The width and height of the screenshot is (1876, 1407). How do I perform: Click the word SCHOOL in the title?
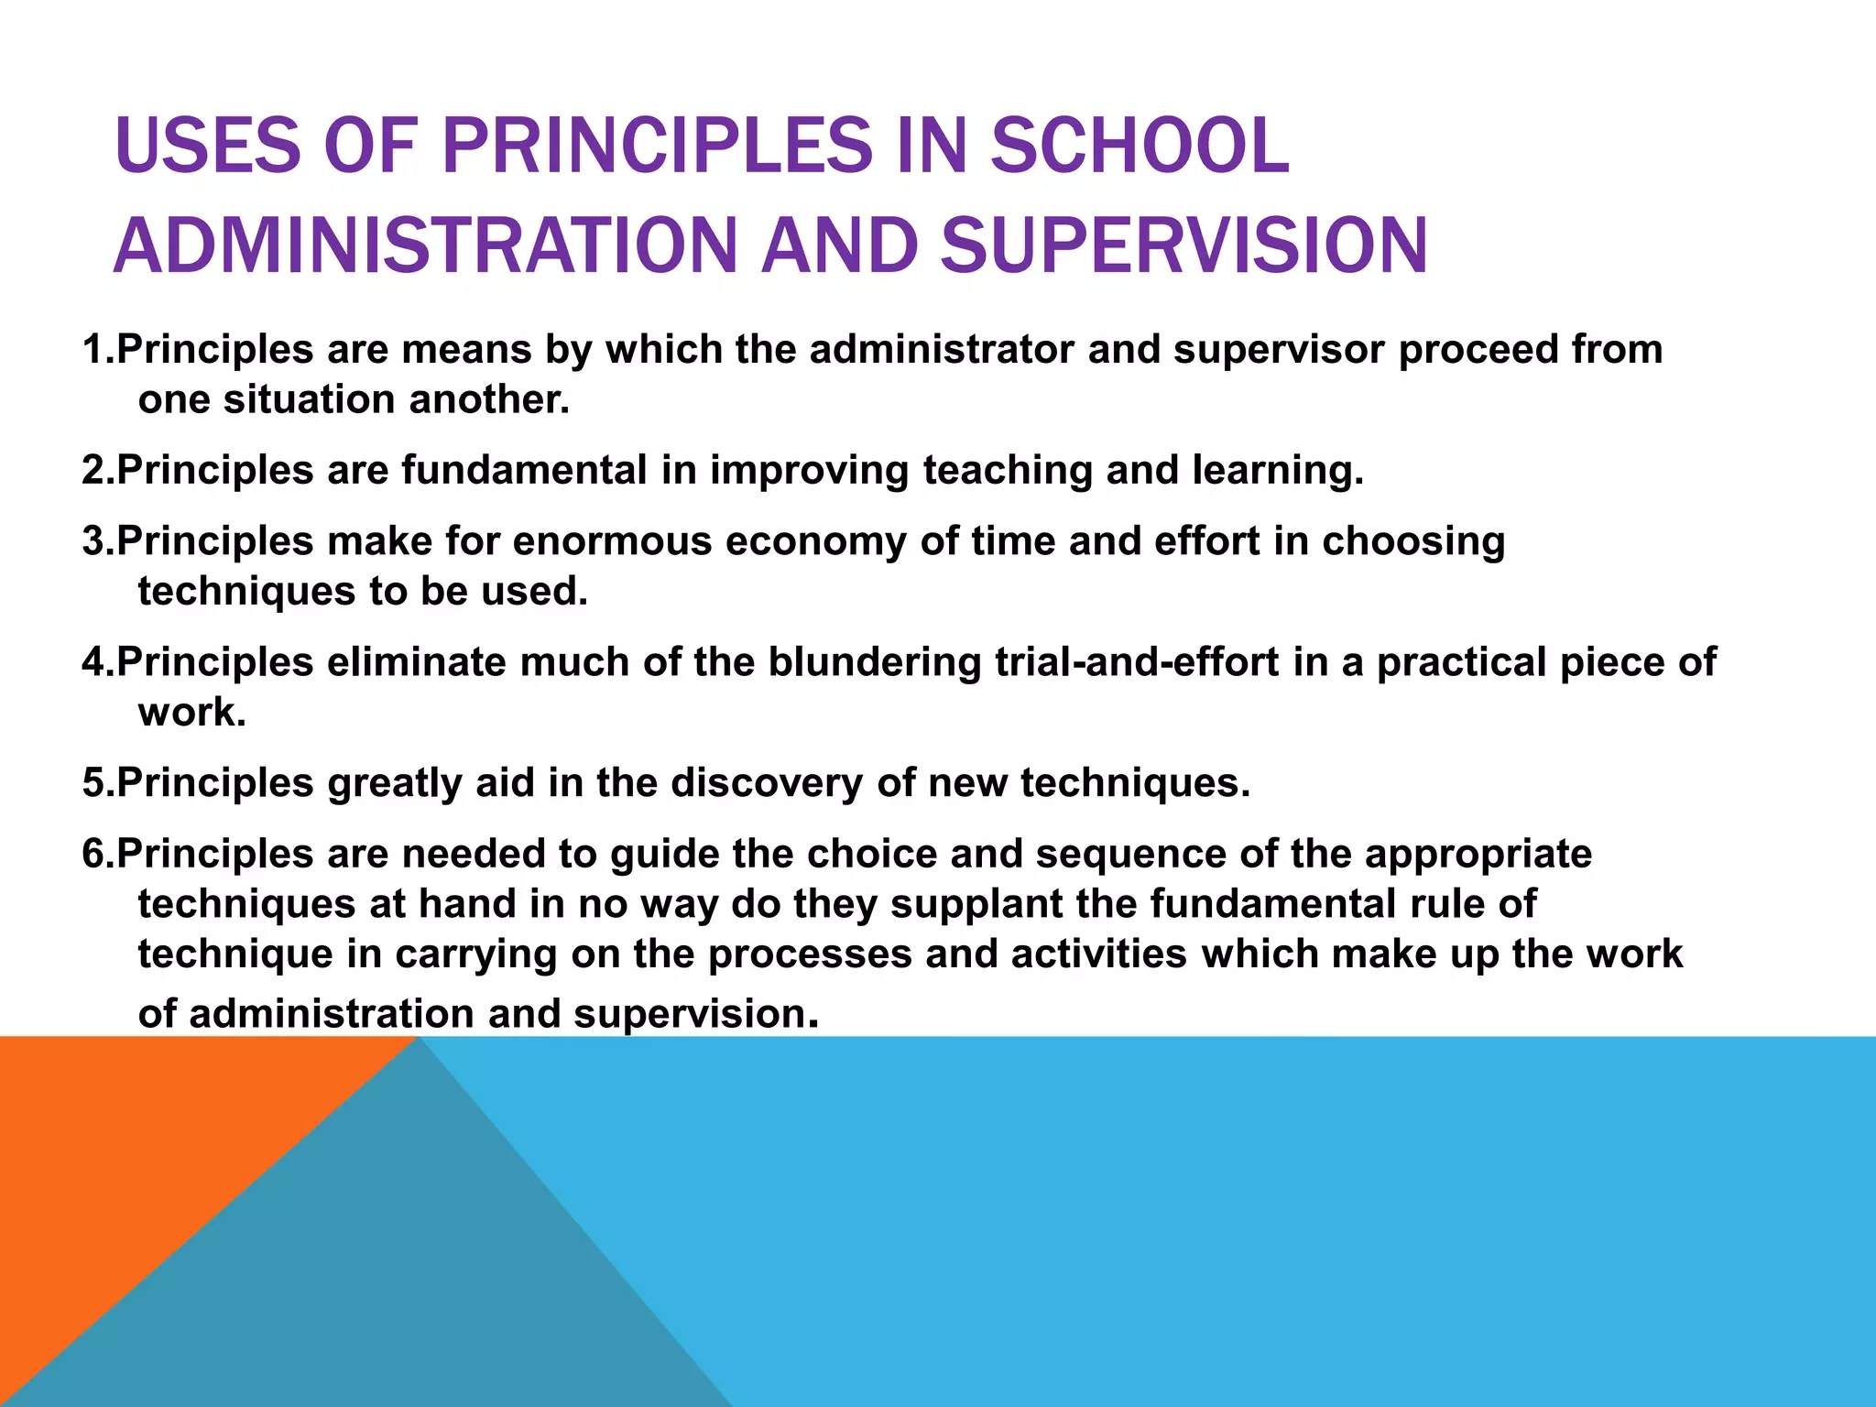(1140, 146)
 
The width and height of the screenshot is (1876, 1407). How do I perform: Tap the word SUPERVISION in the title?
(1183, 245)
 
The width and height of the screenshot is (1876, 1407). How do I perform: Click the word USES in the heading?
(207, 146)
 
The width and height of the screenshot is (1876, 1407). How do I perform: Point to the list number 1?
(95, 350)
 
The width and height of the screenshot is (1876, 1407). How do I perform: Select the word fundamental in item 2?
(524, 470)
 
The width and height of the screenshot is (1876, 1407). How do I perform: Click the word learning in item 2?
(1277, 470)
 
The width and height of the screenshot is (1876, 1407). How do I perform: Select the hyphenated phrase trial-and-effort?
(1137, 662)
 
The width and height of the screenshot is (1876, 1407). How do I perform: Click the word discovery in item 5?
(766, 783)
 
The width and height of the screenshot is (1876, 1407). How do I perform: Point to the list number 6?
(95, 854)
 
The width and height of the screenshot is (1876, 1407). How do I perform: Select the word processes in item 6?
(809, 954)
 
